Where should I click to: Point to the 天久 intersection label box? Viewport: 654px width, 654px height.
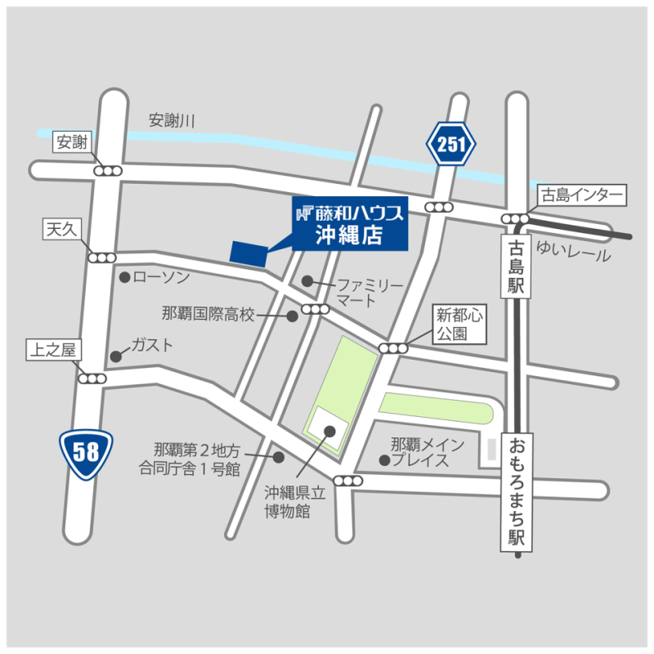coord(60,231)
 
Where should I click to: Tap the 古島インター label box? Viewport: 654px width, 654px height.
coord(581,195)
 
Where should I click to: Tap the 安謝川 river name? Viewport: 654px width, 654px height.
coord(172,121)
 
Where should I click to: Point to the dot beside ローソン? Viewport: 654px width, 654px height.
coord(124,278)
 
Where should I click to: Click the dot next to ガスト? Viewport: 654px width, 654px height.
coord(116,356)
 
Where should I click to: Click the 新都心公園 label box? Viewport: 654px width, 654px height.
coord(459,325)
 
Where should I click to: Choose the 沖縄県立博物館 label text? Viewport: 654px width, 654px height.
coord(287,503)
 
